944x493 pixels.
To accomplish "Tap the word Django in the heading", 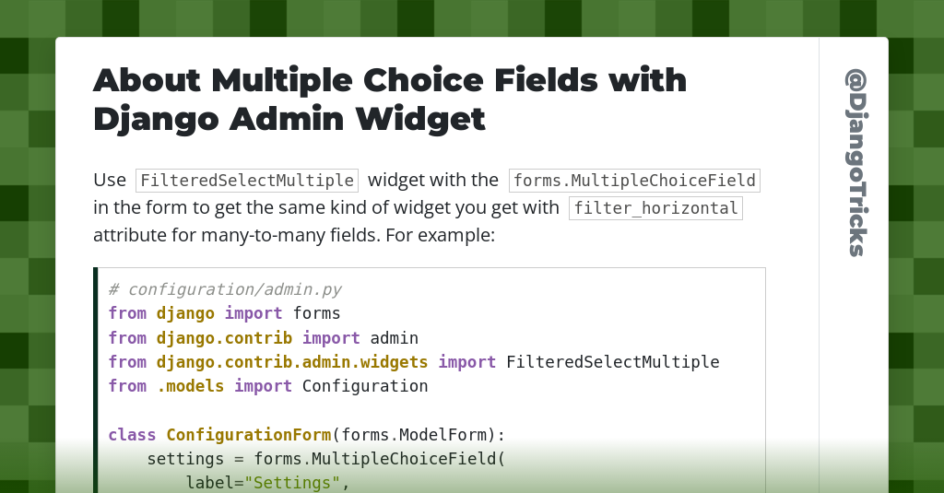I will coord(155,118).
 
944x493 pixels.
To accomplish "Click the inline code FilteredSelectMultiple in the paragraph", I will coord(247,181).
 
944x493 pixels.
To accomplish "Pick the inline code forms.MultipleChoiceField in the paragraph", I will coord(634,181).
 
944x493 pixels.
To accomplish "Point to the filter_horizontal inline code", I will coord(655,208).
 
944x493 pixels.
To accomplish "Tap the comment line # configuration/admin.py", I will coord(224,289).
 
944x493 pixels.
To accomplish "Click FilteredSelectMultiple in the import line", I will coord(612,362).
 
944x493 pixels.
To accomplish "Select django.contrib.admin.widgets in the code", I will coord(292,362).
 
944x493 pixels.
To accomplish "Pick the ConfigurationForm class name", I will coord(248,435).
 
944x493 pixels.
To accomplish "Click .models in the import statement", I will coord(190,386).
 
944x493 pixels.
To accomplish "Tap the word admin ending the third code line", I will coord(394,338).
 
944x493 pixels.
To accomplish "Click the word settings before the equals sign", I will coord(185,459).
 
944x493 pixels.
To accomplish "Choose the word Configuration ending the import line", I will coord(365,386).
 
